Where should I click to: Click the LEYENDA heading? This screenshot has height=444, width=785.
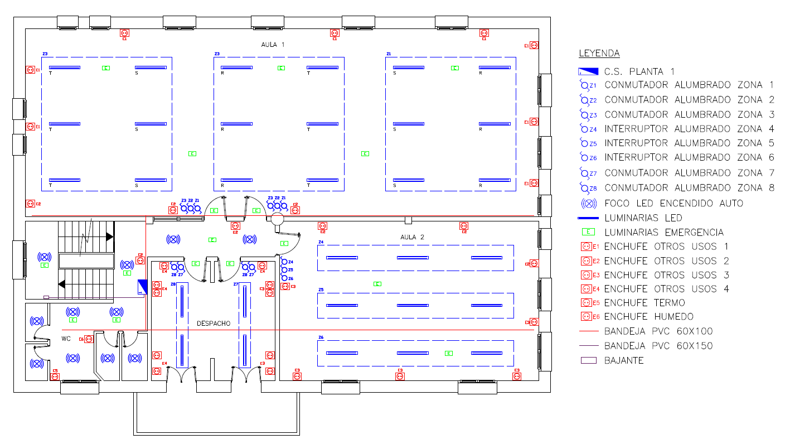pos(599,54)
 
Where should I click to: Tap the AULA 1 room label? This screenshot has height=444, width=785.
pos(273,44)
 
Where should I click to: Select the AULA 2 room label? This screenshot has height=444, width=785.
pos(412,237)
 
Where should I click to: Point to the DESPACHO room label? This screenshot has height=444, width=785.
pos(214,324)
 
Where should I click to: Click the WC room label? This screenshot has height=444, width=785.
pos(66,339)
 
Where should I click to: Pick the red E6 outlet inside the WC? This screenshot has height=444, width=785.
pos(89,339)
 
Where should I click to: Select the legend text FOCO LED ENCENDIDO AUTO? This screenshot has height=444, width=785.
pos(673,203)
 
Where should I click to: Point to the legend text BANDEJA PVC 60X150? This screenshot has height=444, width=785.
pos(658,346)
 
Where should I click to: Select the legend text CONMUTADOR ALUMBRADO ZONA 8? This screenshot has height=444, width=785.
pos(689,188)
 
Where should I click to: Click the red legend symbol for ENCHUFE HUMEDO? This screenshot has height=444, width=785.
pos(586,317)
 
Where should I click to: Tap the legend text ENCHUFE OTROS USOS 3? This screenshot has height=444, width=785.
pos(667,275)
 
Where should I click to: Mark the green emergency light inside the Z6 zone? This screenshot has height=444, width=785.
pos(448,353)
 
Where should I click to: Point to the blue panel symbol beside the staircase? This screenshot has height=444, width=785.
pos(142,287)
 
